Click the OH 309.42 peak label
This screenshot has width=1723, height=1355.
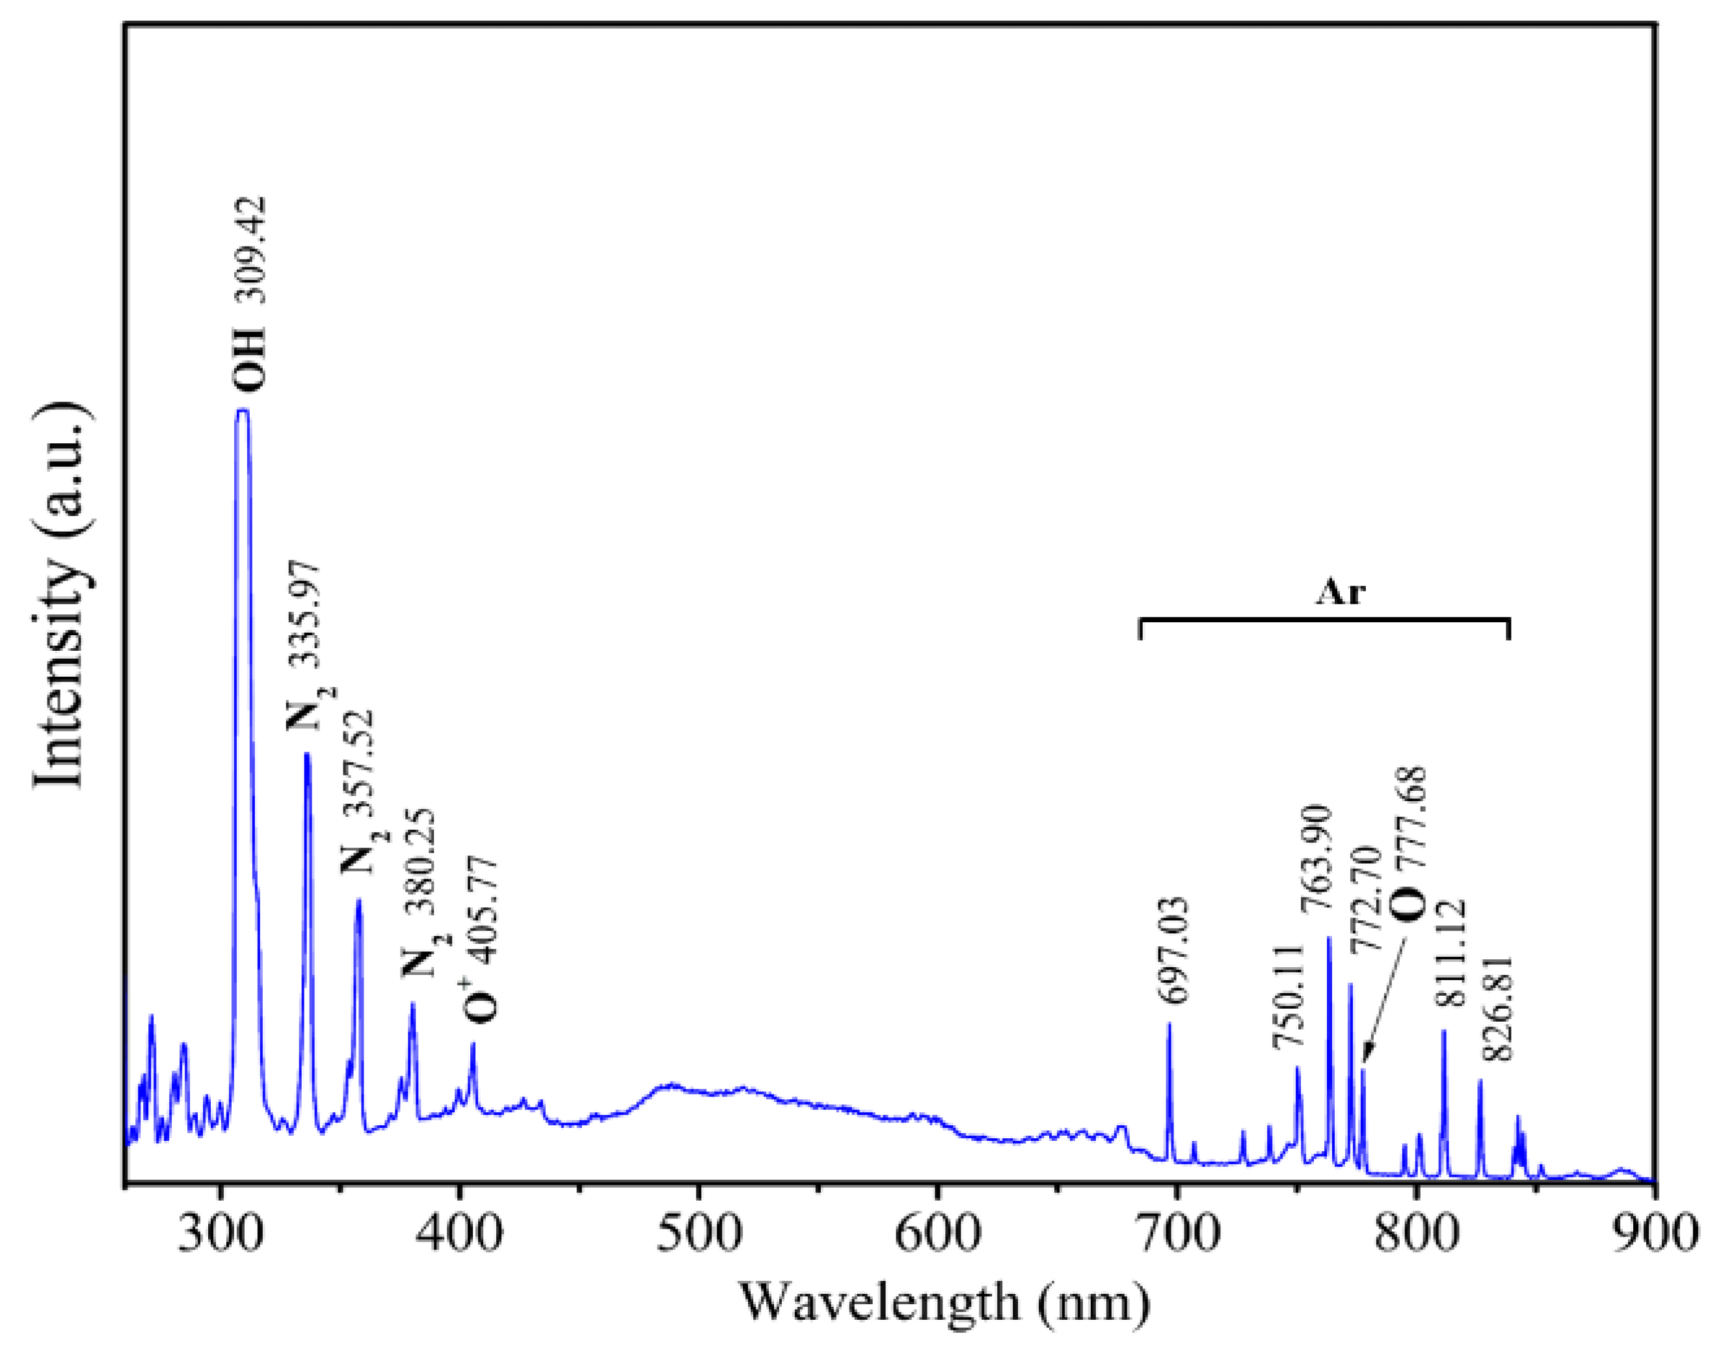pos(249,295)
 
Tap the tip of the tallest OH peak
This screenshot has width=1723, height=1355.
pos(243,410)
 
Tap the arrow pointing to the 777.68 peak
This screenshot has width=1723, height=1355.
pos(1383,1001)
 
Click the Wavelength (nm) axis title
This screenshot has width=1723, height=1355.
pos(944,1303)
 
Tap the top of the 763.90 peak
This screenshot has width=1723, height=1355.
pos(1329,938)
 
